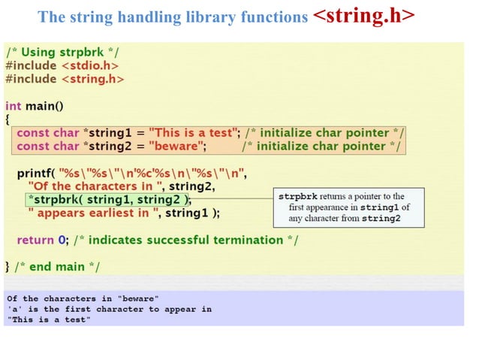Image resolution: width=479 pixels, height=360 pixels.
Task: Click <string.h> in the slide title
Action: point(363,17)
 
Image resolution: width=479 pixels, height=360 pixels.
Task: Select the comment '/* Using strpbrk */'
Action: point(62,51)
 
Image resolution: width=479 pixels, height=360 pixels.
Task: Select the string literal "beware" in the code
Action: point(174,146)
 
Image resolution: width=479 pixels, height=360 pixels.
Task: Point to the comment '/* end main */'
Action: point(57,267)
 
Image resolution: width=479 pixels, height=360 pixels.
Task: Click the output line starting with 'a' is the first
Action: point(109,309)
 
